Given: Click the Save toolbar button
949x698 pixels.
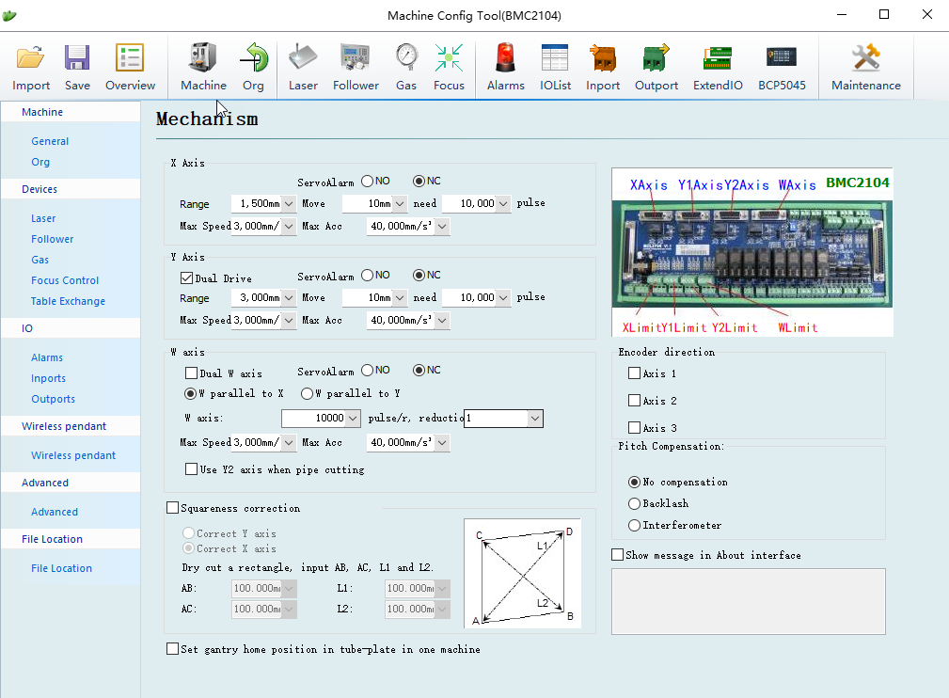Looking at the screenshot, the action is pyautogui.click(x=77, y=67).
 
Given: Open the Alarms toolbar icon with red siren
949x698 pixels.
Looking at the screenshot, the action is pyautogui.click(x=505, y=67).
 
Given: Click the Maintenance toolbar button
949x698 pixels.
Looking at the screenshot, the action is pyautogui.click(x=865, y=67).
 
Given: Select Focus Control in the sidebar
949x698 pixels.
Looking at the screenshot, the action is pyautogui.click(x=65, y=280).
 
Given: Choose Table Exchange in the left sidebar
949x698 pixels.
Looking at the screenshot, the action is pyautogui.click(x=68, y=301).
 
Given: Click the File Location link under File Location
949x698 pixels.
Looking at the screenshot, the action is pyautogui.click(x=62, y=568).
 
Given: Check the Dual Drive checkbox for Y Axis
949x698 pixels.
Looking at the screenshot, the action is pyautogui.click(x=186, y=278).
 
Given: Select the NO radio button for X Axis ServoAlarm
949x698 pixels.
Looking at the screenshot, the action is pyautogui.click(x=368, y=181).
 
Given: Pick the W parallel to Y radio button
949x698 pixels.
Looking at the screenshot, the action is pyautogui.click(x=307, y=393).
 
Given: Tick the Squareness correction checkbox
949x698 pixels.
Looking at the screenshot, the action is pyautogui.click(x=172, y=508).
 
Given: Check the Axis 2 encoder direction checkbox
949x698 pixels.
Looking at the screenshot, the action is pyautogui.click(x=634, y=400).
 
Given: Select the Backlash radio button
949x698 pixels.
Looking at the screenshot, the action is pyautogui.click(x=634, y=503).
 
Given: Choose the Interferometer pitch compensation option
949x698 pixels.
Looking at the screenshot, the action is pyautogui.click(x=634, y=526).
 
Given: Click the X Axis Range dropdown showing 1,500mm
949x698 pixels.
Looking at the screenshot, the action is pyautogui.click(x=263, y=203).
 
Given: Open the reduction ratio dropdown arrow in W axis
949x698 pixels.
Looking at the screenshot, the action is pyautogui.click(x=535, y=419).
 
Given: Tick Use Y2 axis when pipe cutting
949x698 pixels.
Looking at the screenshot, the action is pyautogui.click(x=191, y=469).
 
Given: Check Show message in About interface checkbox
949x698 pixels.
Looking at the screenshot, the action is pyautogui.click(x=617, y=554).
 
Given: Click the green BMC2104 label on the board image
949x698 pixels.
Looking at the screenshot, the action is pyautogui.click(x=858, y=182).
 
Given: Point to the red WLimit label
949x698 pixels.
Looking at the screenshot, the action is pyautogui.click(x=798, y=327).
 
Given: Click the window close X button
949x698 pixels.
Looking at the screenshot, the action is pyautogui.click(x=926, y=14).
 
